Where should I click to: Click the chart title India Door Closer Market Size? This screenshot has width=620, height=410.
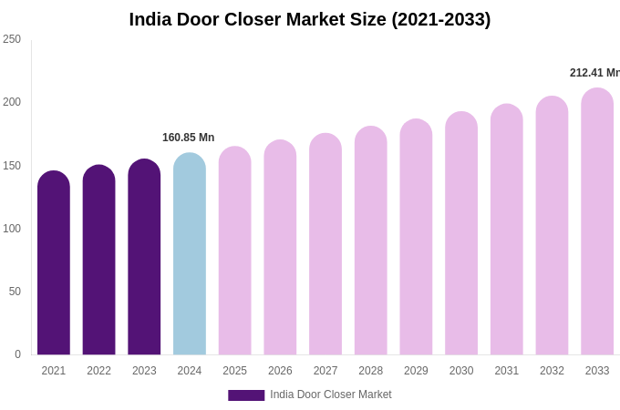309,19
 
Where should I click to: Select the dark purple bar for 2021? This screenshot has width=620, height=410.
54,264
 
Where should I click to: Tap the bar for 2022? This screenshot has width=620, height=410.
98,261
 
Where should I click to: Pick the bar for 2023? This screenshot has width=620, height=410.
144,258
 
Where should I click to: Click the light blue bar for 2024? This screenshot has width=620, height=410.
190,254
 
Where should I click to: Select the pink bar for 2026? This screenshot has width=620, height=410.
280,248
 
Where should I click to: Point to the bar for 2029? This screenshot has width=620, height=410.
416,238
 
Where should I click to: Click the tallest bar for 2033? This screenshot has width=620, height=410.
597,222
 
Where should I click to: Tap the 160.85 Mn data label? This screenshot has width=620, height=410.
188,138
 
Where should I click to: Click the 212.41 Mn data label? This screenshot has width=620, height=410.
594,73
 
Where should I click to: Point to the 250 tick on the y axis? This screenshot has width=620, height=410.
12,39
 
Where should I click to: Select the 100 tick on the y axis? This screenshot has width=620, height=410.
12,229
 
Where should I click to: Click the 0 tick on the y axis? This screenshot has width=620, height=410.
17,354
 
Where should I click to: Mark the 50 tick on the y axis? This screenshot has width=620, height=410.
15,292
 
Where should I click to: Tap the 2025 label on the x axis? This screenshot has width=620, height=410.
234,371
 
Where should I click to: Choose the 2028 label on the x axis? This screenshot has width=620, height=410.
371,371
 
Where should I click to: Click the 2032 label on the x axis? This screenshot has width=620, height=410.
552,371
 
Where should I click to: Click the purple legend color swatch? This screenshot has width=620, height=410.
246,395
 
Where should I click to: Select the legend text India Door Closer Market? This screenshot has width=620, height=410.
331,395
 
